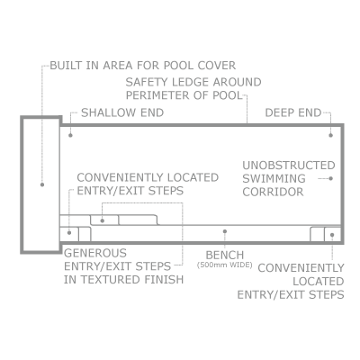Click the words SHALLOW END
(x=122, y=112)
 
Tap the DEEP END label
(x=293, y=112)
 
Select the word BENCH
(x=225, y=256)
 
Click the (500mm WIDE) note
(x=225, y=265)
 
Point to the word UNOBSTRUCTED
(x=289, y=166)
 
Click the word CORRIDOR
(x=273, y=192)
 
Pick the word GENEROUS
(x=95, y=253)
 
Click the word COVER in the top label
(x=217, y=66)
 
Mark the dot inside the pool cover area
(x=42, y=184)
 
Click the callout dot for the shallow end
(x=70, y=135)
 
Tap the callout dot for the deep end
(x=330, y=135)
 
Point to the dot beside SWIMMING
(x=330, y=178)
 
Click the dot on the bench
(x=225, y=231)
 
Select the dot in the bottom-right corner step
(x=332, y=235)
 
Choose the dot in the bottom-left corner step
(x=69, y=232)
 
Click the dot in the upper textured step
(x=103, y=220)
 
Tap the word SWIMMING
(x=274, y=178)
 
